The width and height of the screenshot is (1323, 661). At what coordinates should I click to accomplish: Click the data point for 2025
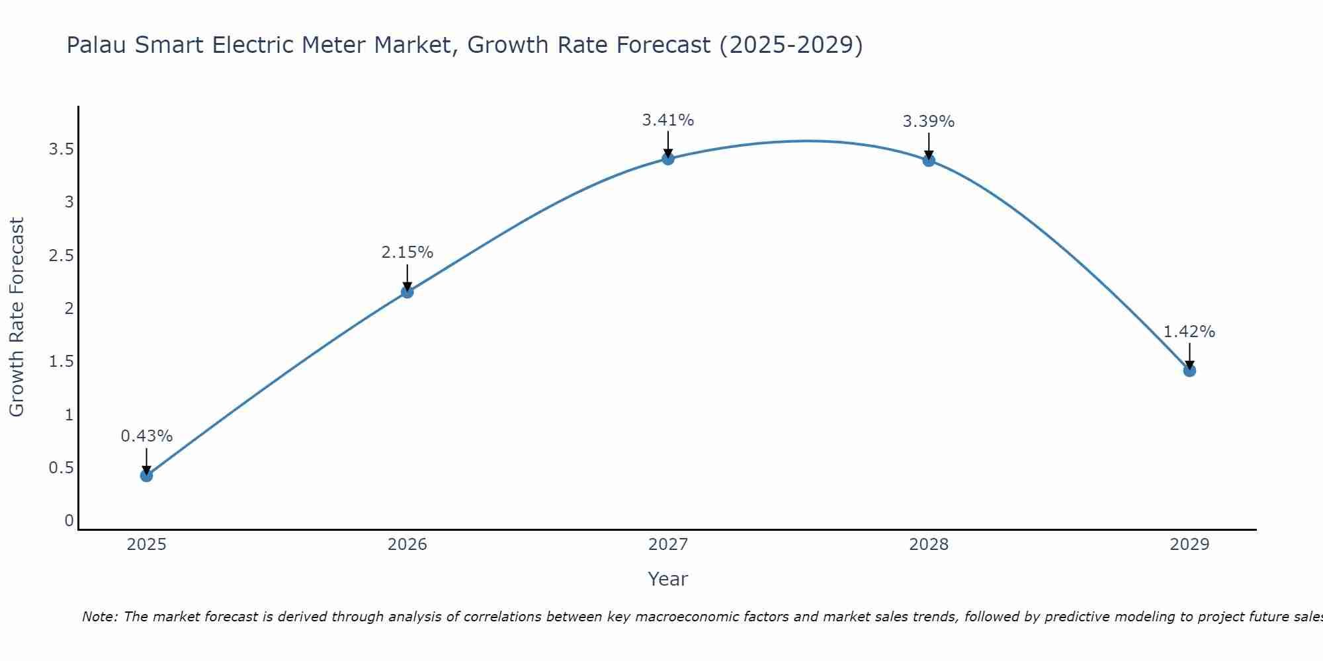[146, 475]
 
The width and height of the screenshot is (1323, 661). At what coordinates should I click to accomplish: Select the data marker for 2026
[407, 292]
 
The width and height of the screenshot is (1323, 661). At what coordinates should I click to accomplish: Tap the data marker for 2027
[667, 158]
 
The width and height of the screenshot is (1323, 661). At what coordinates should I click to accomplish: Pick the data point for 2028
[928, 160]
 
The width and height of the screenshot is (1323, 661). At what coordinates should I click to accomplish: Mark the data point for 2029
[1189, 370]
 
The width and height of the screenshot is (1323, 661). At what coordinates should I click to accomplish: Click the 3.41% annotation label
[667, 120]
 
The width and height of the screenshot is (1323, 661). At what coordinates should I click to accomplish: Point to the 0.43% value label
[146, 436]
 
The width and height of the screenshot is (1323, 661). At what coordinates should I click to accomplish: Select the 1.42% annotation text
[1189, 332]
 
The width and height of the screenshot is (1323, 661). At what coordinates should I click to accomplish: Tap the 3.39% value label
[928, 122]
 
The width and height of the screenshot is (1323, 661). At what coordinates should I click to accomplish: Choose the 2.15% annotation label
[407, 253]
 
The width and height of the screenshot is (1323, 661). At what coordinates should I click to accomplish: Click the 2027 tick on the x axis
[667, 545]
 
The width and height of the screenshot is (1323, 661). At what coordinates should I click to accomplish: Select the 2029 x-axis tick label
[1189, 545]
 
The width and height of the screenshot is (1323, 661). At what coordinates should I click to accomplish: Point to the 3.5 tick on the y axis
[61, 149]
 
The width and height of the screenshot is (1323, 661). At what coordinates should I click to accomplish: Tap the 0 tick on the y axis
[69, 521]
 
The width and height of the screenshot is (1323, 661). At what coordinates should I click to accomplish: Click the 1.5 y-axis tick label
[61, 362]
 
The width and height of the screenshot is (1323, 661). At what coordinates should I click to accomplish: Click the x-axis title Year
[667, 579]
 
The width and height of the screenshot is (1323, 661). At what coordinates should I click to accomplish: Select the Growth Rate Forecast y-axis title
[17, 317]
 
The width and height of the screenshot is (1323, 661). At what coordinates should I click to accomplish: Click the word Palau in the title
[97, 45]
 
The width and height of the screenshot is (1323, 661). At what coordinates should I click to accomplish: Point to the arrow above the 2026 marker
[407, 276]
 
